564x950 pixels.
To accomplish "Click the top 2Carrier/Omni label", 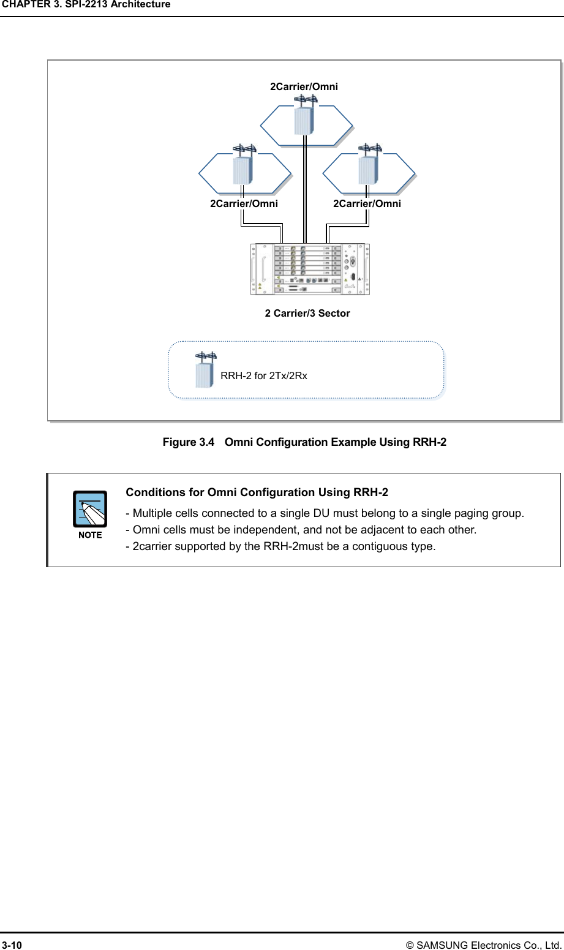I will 304,87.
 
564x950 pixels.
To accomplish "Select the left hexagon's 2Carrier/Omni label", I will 244,204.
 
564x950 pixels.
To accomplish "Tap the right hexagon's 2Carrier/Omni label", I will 367,204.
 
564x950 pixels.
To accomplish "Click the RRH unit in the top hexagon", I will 304,120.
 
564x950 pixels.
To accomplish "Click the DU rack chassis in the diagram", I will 310,269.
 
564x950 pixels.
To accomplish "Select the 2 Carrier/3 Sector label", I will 307,314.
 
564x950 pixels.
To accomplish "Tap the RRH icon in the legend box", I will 205,372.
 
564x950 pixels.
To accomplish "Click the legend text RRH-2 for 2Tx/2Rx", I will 264,376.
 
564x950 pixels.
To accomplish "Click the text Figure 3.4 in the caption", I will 189,442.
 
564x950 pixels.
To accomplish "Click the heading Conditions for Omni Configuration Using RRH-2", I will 257,492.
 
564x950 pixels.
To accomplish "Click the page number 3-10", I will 12,945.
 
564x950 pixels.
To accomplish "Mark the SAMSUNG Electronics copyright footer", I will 489,945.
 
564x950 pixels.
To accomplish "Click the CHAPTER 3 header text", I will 86,5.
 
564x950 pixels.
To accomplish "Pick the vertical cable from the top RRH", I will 304,190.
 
